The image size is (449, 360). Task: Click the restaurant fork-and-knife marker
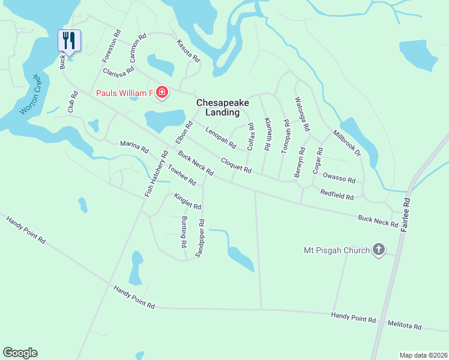click(x=68, y=41)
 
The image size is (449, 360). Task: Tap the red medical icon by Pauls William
click(x=161, y=92)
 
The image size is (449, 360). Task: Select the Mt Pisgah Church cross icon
click(x=378, y=250)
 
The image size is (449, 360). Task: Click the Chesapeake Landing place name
click(x=223, y=107)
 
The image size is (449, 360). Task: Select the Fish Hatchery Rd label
click(x=154, y=173)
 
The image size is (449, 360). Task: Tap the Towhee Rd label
click(x=182, y=175)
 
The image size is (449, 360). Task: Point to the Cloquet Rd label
click(x=235, y=166)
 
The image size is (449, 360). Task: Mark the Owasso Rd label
click(x=339, y=178)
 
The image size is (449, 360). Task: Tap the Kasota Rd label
click(x=188, y=50)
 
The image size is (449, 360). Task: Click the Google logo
click(x=20, y=353)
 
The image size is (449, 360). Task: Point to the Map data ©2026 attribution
click(x=423, y=355)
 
